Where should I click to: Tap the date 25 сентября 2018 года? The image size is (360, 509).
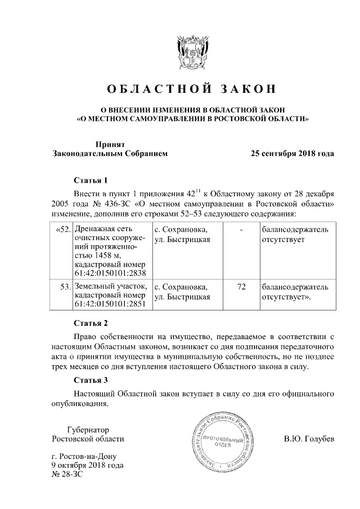click(292, 153)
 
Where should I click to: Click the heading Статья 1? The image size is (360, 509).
click(91, 181)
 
